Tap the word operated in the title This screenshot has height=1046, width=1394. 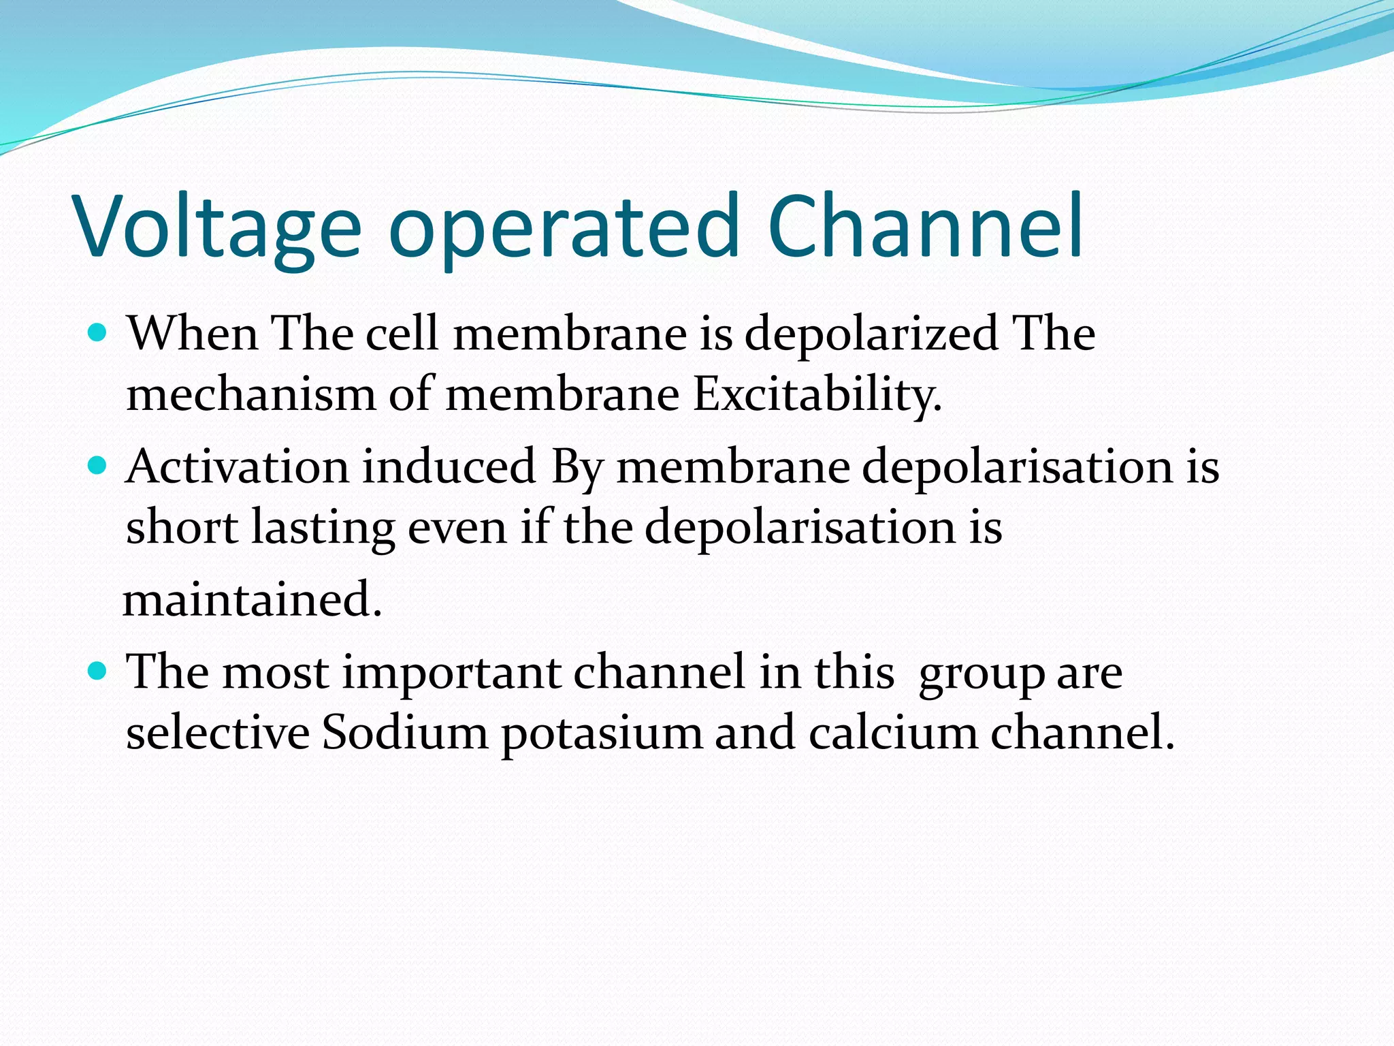point(564,228)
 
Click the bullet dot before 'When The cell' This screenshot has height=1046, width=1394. point(98,333)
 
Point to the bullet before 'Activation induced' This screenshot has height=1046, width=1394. point(98,466)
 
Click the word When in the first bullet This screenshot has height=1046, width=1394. point(193,334)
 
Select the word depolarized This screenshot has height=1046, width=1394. point(871,335)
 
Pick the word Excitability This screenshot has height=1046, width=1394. point(817,395)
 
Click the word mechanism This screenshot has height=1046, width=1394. point(250,395)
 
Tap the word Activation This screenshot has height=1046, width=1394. point(237,467)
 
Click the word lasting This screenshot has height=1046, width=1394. point(323,528)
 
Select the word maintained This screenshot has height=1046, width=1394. point(252,600)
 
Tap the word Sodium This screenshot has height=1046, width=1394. point(404,733)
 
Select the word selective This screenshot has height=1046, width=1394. point(218,733)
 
